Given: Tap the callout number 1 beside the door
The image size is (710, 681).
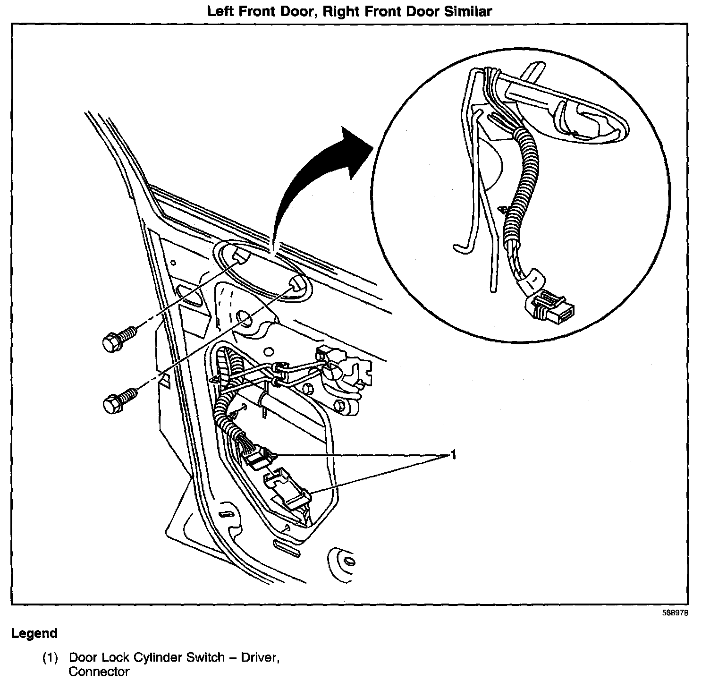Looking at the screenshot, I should point(453,455).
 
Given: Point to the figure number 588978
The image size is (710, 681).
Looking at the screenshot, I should point(675,613).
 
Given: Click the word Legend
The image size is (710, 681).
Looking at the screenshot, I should point(34,633).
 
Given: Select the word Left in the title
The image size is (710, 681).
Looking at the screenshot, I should point(222,11).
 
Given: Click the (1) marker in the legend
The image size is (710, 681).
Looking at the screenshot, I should point(51,657).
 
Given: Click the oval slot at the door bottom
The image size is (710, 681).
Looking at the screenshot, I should point(286,550).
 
